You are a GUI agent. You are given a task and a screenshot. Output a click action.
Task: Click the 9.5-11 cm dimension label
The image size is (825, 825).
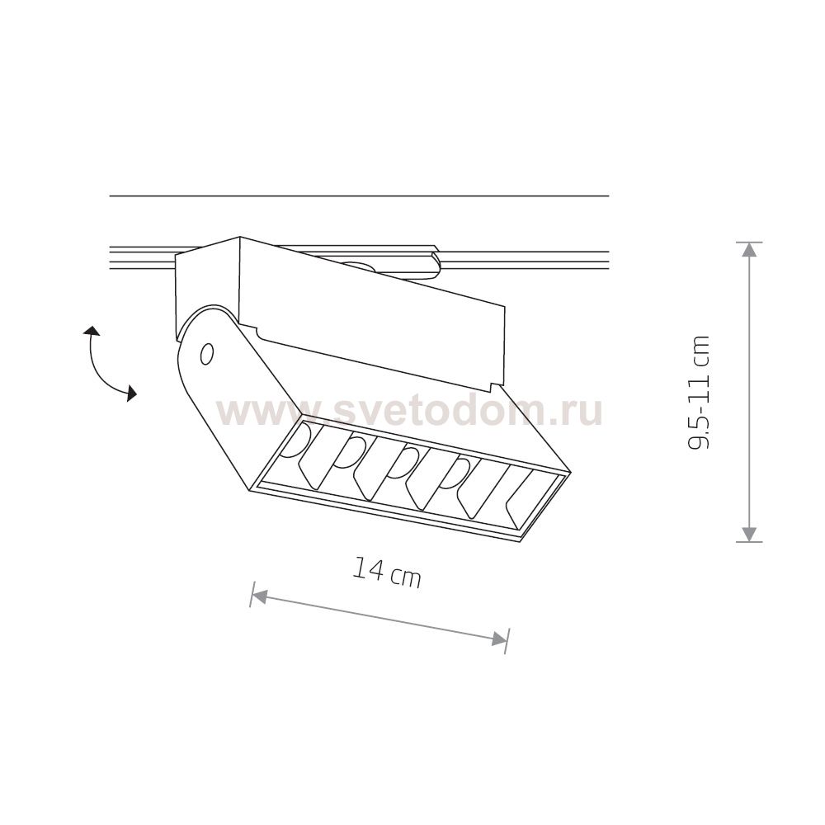click(x=699, y=392)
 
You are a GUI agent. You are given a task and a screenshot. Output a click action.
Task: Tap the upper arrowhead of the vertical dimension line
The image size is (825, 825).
click(x=749, y=249)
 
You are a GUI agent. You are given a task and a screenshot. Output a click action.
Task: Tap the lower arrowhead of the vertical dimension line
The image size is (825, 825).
click(x=749, y=535)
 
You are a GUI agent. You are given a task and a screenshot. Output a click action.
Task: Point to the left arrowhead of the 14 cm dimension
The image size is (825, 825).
click(x=259, y=597)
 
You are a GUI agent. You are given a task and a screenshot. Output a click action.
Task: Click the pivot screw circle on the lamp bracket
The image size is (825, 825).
click(x=207, y=354)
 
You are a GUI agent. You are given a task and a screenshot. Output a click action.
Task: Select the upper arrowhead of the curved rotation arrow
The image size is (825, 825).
click(x=92, y=331)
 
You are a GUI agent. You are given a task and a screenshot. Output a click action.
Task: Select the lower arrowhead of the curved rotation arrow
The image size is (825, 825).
click(x=130, y=393)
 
